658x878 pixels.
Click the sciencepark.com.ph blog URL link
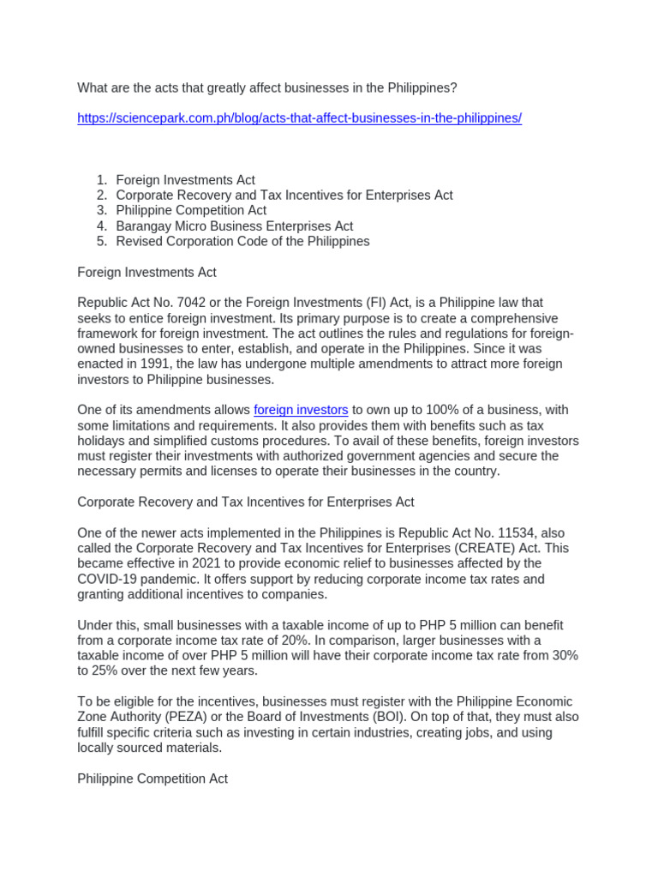tap(299, 118)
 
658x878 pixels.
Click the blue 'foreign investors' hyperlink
tap(301, 410)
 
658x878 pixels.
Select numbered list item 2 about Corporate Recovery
tap(284, 195)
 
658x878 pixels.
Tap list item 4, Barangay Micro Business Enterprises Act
tap(234, 226)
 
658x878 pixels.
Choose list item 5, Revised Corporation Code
tap(242, 242)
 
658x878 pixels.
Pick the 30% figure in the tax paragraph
tap(562, 656)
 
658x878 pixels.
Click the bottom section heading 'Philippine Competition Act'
tap(153, 779)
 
